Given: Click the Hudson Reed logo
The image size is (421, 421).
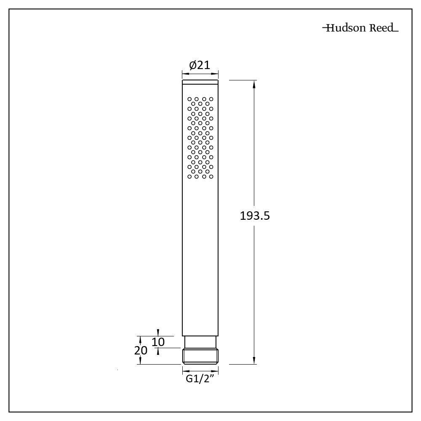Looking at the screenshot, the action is [x=360, y=28].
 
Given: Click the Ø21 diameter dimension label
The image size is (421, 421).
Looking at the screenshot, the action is [x=200, y=65].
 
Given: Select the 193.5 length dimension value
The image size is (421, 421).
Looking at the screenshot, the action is [x=255, y=216].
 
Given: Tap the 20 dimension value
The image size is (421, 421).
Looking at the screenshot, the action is [x=141, y=350].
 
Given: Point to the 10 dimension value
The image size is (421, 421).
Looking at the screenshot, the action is [x=158, y=342].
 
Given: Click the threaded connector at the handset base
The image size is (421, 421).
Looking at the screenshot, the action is [x=200, y=356].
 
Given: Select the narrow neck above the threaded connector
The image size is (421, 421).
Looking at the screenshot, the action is [x=200, y=342].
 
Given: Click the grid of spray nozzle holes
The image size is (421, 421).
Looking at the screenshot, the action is [x=200, y=138].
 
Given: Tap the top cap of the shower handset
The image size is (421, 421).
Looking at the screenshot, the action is [x=200, y=82].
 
